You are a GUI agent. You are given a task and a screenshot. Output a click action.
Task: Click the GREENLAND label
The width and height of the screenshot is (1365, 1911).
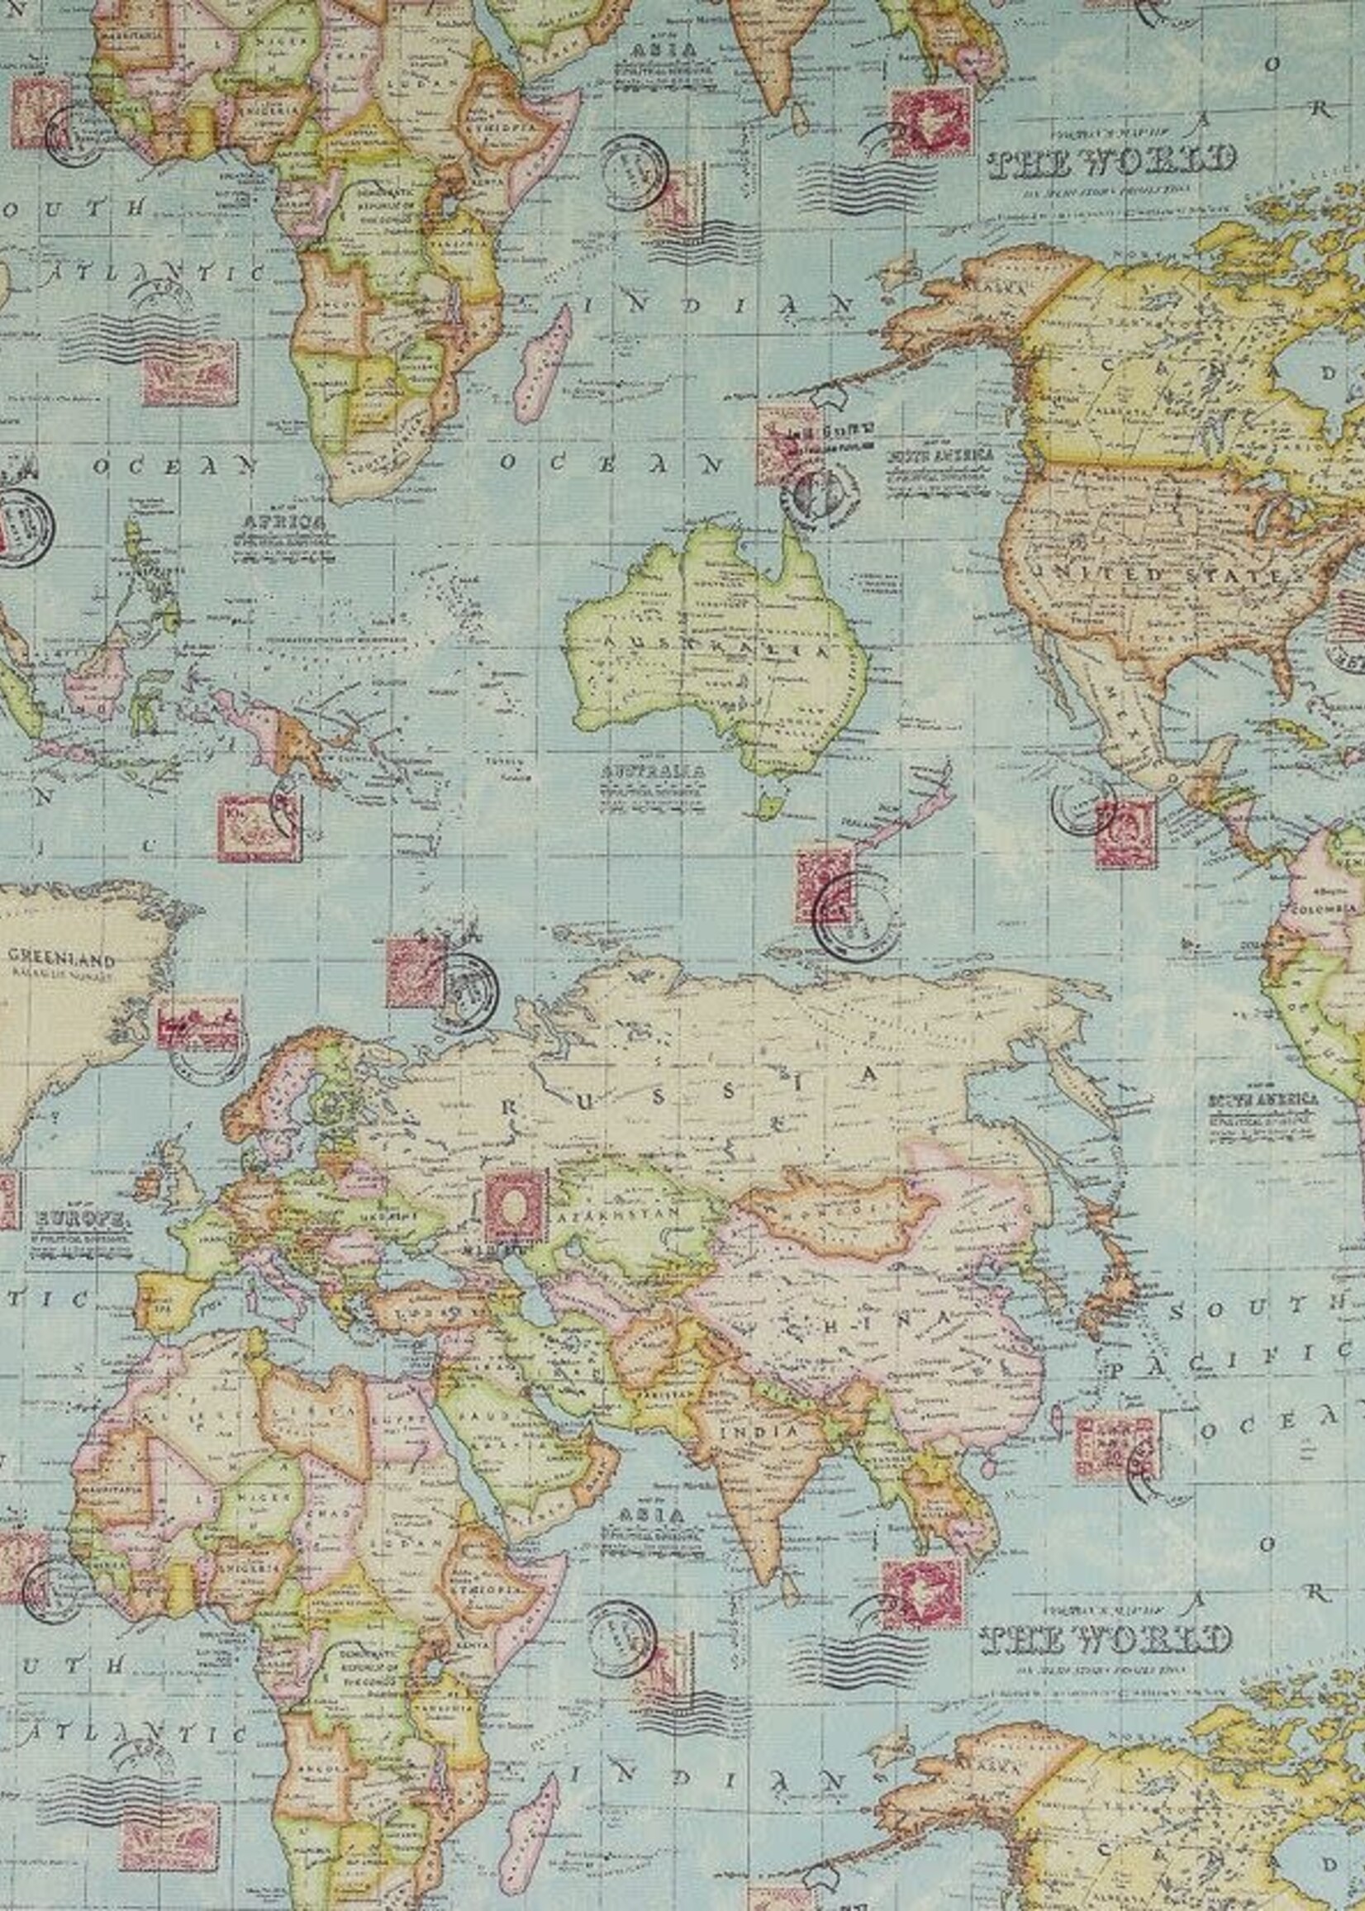coord(60,957)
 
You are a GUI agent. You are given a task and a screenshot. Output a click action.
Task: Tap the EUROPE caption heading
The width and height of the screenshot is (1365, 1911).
coord(82,1218)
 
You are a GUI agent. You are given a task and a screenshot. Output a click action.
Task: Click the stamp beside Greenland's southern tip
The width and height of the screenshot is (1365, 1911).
coord(198,1024)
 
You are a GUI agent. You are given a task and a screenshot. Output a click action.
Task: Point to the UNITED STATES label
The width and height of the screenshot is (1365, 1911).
coord(1160,577)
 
